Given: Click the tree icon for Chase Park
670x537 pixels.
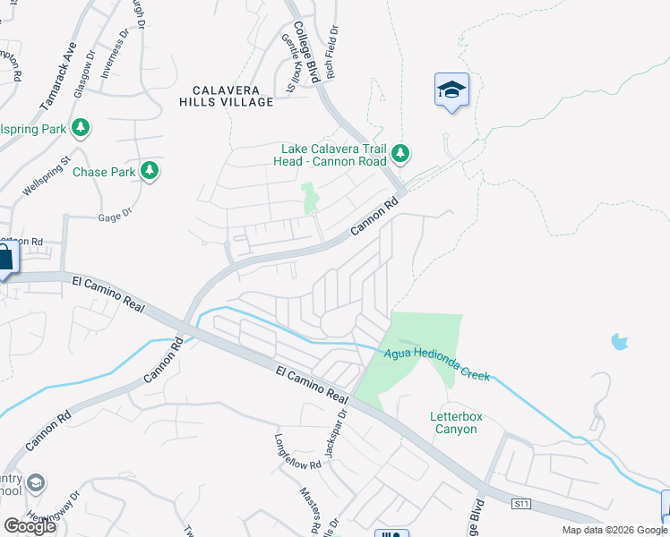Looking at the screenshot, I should click(150, 169).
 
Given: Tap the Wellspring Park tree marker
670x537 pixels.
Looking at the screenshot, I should click(82, 128).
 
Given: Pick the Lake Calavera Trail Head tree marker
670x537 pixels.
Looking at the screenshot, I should click(400, 155).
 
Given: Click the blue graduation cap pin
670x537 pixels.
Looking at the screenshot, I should click(451, 89).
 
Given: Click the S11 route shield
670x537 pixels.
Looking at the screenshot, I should click(522, 505).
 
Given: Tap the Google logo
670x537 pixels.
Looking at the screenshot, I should click(30, 526).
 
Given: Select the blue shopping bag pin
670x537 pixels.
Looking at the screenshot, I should click(4, 258).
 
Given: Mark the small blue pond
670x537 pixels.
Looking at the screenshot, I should click(618, 341).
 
